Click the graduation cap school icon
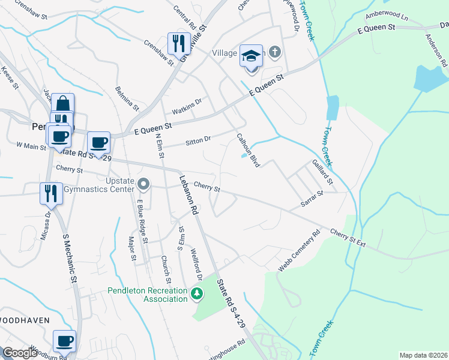click(x=252, y=58)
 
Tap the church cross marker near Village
click(x=275, y=52)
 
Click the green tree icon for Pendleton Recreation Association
click(x=197, y=293)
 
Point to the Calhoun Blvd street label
click(x=247, y=150)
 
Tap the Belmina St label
click(x=128, y=100)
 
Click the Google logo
click(x=20, y=353)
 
